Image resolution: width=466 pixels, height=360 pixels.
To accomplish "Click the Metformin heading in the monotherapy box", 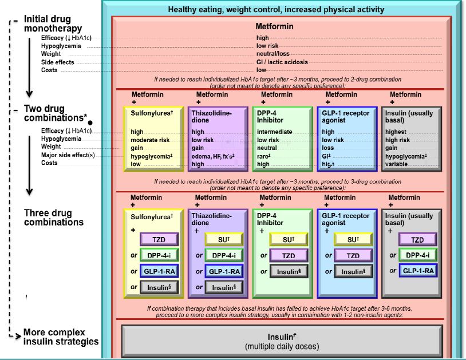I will pos(275,26).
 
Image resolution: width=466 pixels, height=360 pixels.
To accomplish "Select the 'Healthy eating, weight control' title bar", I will pos(276,10).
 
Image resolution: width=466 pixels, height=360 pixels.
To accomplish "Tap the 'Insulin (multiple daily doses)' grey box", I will pos(281,342).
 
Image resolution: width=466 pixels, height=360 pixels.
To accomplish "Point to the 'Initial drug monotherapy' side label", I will pos(53,24).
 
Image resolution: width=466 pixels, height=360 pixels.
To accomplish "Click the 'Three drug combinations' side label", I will pos(54,218).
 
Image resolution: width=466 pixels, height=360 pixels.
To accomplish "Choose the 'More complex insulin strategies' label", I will pos(61,337).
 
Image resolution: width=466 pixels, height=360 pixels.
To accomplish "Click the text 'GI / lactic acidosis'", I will pos(282,62).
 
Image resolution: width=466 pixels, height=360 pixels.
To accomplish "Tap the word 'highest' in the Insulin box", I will pos(397,132).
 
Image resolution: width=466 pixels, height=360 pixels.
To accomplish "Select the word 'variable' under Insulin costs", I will pos(397,164).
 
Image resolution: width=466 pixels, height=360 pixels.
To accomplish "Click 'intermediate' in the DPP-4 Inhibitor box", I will pos(275,132).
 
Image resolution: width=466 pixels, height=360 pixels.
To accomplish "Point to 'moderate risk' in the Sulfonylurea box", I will pos(149,140).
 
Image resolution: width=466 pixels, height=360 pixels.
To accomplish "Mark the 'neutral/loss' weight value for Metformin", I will pos(273,54).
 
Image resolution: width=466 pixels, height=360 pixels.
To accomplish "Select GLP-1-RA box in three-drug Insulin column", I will pos(417,271).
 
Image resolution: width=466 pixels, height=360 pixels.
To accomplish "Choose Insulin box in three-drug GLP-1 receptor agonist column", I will pos(353,271).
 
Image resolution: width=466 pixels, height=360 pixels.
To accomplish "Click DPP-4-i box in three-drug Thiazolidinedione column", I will pos(223,255).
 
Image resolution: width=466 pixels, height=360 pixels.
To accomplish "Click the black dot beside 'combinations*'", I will pos(90,122).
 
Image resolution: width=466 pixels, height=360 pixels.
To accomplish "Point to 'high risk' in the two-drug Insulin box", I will pos(397,140).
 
